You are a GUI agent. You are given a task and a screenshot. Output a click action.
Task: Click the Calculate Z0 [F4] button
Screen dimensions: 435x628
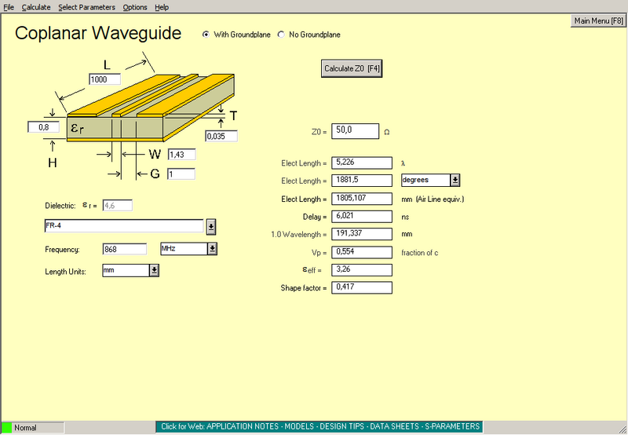click(x=352, y=69)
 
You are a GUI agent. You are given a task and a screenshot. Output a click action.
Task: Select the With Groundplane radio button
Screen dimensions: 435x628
click(x=206, y=35)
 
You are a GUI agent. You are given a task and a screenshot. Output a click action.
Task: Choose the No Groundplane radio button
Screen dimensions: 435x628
click(x=281, y=35)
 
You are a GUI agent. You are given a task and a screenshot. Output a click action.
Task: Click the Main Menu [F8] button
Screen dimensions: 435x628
click(x=598, y=21)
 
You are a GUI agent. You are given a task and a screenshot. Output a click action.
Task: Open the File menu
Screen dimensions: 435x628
click(x=9, y=7)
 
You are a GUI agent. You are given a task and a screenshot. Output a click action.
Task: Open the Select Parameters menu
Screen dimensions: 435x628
click(x=86, y=7)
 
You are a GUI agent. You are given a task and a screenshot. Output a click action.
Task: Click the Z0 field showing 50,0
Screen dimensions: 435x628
click(x=355, y=131)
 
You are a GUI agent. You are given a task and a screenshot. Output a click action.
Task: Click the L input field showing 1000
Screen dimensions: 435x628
click(x=104, y=79)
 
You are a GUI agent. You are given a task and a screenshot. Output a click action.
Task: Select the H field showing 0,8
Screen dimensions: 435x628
click(x=44, y=126)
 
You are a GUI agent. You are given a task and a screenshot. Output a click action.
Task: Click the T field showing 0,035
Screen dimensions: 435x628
click(x=221, y=136)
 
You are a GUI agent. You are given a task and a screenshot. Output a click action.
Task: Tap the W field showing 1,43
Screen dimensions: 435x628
click(x=181, y=154)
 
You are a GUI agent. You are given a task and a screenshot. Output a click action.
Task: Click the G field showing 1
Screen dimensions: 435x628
click(x=181, y=174)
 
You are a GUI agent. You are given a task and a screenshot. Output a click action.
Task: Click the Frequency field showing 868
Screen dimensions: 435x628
click(x=125, y=249)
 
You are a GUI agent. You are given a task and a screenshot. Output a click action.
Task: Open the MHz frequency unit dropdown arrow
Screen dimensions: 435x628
click(x=212, y=249)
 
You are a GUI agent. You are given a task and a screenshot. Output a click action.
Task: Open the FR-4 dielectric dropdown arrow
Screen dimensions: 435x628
click(x=211, y=227)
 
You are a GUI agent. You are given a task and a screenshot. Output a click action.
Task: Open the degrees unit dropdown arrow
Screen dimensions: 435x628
click(x=455, y=181)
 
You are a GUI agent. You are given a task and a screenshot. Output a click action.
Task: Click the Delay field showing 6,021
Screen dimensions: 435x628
click(x=362, y=216)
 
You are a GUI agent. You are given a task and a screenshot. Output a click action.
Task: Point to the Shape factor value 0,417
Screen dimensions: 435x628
click(x=362, y=287)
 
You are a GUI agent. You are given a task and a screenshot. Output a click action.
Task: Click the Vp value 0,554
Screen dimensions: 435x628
click(x=362, y=252)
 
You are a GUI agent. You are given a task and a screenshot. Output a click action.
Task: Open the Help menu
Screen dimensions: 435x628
click(x=162, y=7)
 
